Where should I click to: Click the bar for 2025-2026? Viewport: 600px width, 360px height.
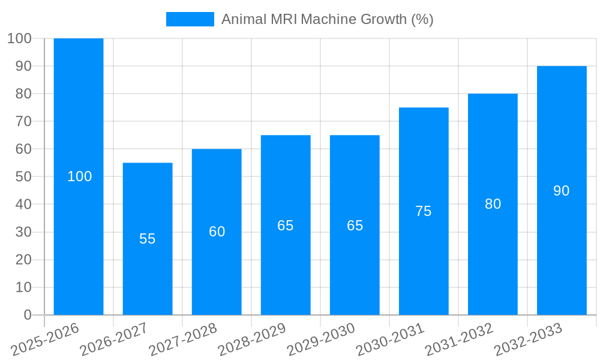click(x=79, y=120)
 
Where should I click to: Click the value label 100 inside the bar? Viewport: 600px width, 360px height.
click(x=80, y=176)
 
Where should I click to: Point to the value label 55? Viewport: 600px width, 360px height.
click(x=148, y=239)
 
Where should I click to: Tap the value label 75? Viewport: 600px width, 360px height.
click(x=424, y=211)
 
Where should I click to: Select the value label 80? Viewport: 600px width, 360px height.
click(x=493, y=204)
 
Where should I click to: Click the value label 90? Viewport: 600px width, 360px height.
click(x=562, y=191)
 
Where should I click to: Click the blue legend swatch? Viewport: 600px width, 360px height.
click(x=190, y=19)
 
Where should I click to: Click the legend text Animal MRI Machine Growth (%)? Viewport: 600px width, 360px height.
click(x=327, y=19)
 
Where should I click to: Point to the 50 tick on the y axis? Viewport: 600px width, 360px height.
click(x=23, y=177)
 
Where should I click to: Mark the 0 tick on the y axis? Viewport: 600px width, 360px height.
click(x=28, y=315)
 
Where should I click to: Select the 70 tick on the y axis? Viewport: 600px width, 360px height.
click(x=23, y=121)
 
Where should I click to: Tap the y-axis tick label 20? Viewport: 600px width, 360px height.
click(x=23, y=260)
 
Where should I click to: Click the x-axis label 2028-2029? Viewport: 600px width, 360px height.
click(x=252, y=339)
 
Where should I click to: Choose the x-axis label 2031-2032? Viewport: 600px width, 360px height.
click(x=459, y=339)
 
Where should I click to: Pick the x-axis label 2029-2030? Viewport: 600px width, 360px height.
click(x=321, y=339)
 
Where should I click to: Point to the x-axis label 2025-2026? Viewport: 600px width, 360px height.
click(x=45, y=339)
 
